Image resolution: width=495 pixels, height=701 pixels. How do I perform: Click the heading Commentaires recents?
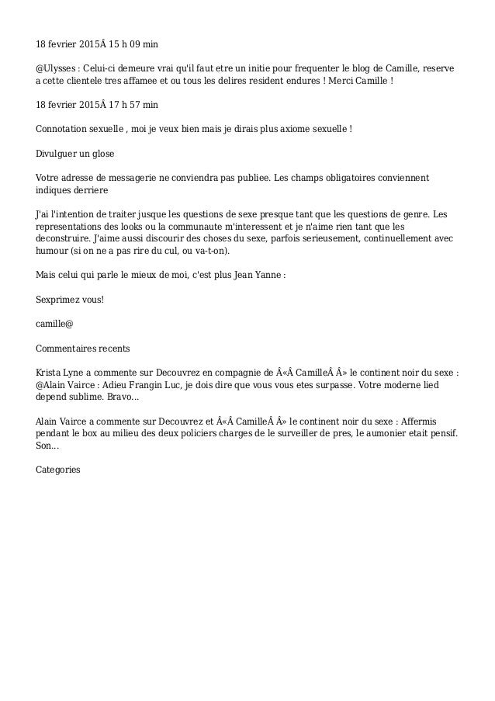point(83,348)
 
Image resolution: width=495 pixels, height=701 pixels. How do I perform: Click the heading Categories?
point(58,470)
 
